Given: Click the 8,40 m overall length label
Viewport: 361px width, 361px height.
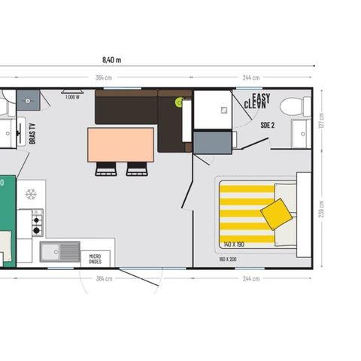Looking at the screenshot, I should (111, 59).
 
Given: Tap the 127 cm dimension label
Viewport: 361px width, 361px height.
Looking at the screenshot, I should (323, 120).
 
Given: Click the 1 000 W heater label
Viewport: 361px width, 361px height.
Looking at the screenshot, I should (72, 97).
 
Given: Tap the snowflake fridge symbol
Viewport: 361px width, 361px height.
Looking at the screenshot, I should (31, 194).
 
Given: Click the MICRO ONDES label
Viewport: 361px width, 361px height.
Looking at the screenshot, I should (95, 258).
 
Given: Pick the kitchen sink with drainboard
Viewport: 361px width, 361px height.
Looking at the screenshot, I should (60, 252).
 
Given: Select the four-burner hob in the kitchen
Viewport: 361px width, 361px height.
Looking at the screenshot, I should (36, 222).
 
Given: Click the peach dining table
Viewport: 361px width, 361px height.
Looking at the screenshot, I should (120, 144).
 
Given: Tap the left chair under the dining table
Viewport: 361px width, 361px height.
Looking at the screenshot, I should (106, 169).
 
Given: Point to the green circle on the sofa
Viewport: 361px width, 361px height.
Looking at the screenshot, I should (179, 101).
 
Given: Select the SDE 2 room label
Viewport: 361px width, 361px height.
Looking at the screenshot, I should (267, 125).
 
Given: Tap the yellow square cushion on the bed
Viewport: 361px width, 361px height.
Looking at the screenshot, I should (277, 214).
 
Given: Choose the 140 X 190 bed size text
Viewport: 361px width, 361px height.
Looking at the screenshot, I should (233, 244).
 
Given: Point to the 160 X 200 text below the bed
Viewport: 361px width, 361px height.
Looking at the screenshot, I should (228, 259).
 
